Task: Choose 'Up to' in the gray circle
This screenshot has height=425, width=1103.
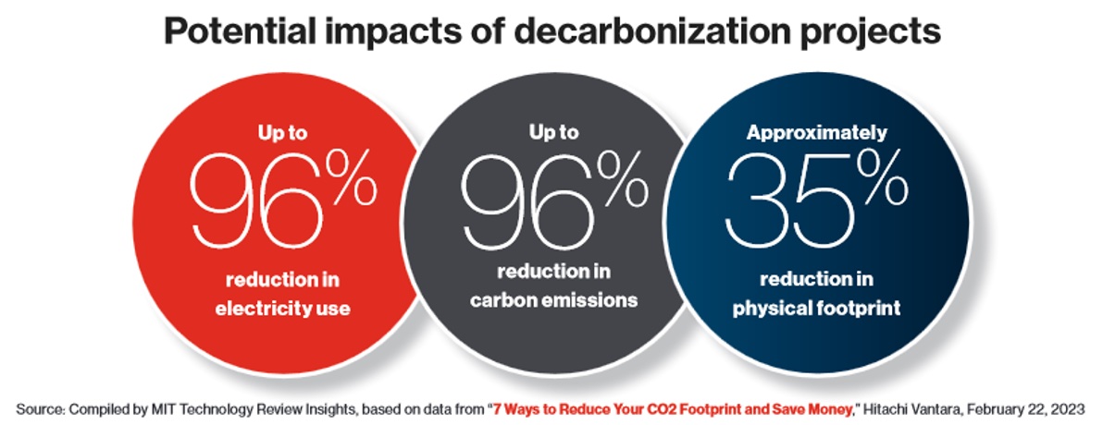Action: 553,132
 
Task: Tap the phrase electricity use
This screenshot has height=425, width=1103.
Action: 282,308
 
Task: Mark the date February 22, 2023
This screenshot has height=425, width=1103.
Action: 1024,406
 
